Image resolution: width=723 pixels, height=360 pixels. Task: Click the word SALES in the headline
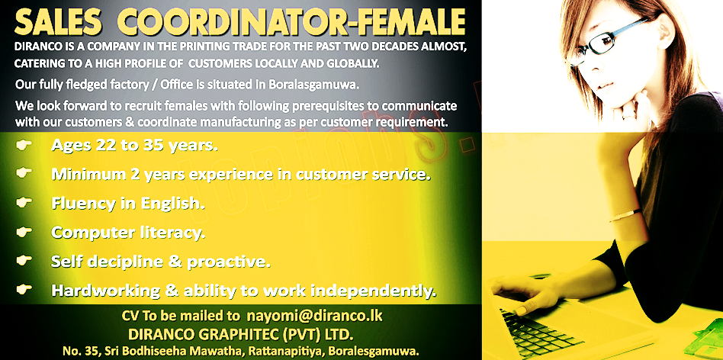coord(58,22)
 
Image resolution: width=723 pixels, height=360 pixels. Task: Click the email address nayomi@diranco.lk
coord(315,317)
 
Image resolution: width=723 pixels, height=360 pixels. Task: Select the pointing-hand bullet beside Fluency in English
coord(24,202)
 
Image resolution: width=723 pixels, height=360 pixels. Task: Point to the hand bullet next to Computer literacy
coord(24,232)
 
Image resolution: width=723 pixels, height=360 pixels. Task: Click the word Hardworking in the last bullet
coord(105,291)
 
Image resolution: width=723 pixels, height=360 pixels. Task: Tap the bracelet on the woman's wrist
coord(625,215)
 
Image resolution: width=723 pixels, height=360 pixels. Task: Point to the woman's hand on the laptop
coord(521,294)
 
